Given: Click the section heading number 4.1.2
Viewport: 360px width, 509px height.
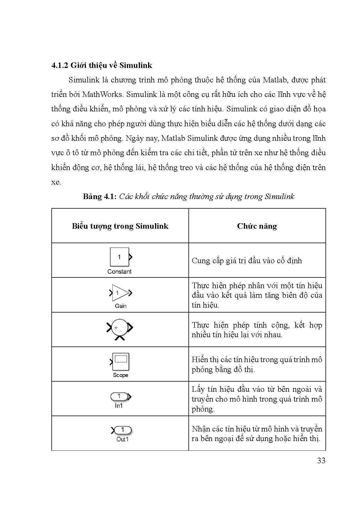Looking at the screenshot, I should click(x=60, y=65).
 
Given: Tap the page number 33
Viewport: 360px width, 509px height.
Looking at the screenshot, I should click(x=321, y=461).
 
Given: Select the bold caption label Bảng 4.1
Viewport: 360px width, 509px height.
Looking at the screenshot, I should click(x=100, y=196).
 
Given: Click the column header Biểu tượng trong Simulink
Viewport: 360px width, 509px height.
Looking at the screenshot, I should click(x=120, y=226).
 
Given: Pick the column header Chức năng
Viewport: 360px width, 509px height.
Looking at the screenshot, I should click(x=257, y=226).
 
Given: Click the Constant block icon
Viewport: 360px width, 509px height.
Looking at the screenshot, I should click(x=120, y=257).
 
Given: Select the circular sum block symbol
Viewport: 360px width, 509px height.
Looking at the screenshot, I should click(x=120, y=328).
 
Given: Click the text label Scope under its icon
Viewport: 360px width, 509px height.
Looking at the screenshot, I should click(x=120, y=375).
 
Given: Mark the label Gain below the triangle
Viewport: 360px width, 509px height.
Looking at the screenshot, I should click(x=120, y=306).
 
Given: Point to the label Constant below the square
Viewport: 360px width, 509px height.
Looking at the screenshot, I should click(x=119, y=272).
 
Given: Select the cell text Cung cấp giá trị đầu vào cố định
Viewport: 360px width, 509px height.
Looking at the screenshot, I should click(x=247, y=261).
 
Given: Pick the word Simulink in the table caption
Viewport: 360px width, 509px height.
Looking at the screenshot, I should click(x=280, y=196).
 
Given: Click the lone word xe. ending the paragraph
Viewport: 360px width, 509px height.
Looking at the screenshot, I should click(x=56, y=182).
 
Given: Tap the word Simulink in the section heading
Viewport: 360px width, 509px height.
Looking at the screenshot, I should click(x=136, y=65).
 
